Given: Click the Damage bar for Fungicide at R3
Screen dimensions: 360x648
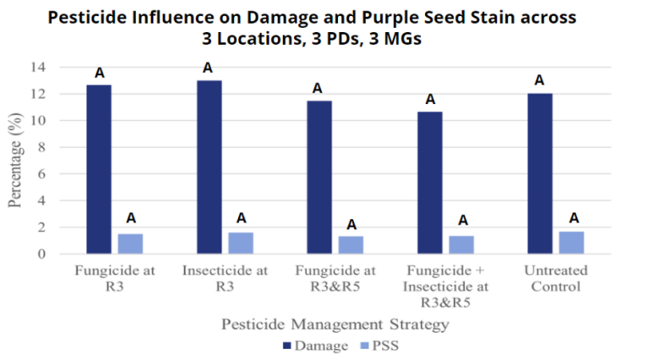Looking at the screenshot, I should click(99, 169).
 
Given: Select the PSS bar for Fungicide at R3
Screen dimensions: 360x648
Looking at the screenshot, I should click(130, 243).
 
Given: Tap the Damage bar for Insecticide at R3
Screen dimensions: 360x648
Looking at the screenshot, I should click(210, 167).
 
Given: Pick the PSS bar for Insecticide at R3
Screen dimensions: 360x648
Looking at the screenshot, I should click(241, 243).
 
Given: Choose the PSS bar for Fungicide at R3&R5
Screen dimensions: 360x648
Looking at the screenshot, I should click(351, 244).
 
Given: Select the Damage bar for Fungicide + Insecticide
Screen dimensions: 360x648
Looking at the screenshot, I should click(430, 183).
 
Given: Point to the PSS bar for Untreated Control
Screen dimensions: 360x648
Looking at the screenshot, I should click(571, 243).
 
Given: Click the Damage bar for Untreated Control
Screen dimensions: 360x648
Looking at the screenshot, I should click(540, 173).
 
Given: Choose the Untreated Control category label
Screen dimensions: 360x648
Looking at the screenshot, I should click(555, 279).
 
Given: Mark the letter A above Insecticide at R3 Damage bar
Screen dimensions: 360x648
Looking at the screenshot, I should click(208, 68).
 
